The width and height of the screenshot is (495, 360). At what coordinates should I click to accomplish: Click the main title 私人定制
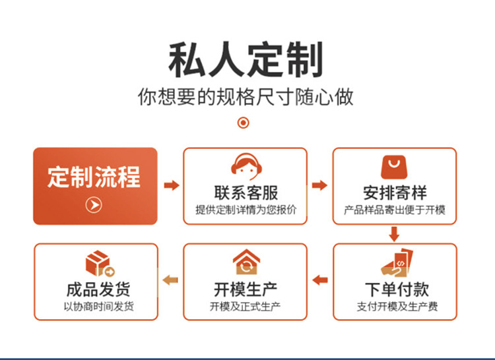coord(246,60)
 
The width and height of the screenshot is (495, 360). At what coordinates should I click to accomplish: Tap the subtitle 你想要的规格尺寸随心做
coord(246,96)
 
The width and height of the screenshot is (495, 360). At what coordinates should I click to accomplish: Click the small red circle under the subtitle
coord(244,123)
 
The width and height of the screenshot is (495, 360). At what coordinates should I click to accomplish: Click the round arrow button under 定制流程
coord(94,205)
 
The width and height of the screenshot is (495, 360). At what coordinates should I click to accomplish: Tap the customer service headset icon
coord(245,167)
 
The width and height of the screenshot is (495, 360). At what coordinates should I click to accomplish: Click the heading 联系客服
coord(246,193)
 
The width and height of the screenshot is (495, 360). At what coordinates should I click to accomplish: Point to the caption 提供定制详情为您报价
coord(246,210)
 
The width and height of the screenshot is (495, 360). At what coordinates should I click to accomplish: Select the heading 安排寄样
coord(395,193)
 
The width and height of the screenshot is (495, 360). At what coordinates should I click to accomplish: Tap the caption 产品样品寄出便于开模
coord(395,210)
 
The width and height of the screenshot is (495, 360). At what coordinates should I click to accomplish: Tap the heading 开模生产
coord(246,289)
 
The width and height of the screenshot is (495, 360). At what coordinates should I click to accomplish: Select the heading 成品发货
coord(98,289)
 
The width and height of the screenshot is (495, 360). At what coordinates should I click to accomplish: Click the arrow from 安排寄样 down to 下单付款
coord(395,233)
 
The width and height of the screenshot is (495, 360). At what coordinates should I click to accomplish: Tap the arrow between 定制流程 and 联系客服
coord(171,186)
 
